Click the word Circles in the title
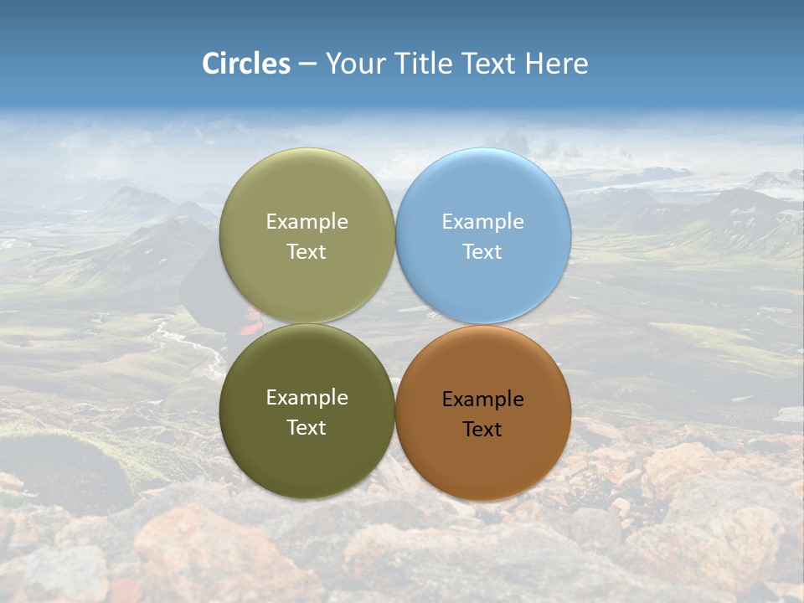click(245, 64)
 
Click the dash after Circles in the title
click(307, 64)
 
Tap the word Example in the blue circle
click(483, 222)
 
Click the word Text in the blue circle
click(482, 252)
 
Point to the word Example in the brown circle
click(483, 399)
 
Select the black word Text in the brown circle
click(482, 430)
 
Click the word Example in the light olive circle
click(307, 222)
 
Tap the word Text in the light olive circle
click(307, 252)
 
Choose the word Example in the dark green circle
click(307, 398)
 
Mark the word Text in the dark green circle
click(307, 428)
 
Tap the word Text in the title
click(489, 64)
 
